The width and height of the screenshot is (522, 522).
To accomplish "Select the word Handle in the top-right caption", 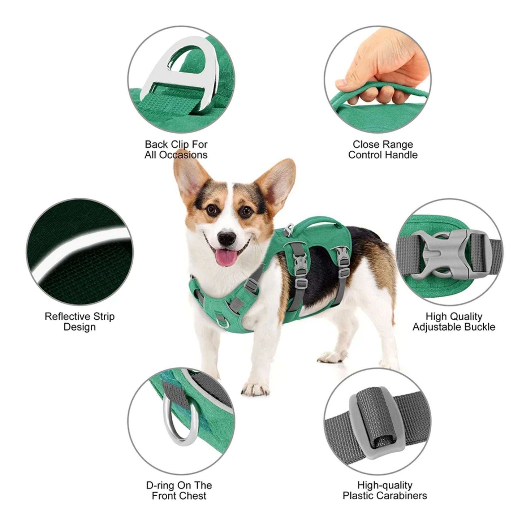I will [401, 155].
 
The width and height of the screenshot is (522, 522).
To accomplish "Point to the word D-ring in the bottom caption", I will [161, 485].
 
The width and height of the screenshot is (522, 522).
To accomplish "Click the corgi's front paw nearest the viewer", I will [255, 388].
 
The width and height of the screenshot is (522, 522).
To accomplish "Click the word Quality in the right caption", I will [465, 316].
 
